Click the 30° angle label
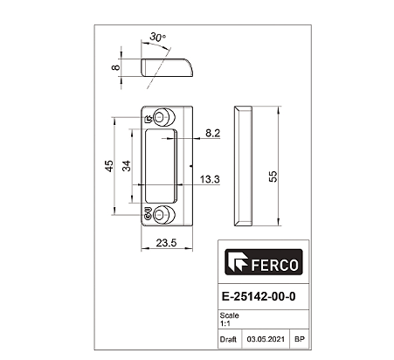click(x=158, y=37)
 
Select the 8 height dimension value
click(x=115, y=67)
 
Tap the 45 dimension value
click(x=109, y=166)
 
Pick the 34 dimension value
click(x=127, y=166)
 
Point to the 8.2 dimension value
click(x=212, y=133)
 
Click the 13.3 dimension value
click(x=210, y=179)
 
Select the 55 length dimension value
click(x=273, y=177)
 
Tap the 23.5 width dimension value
click(x=166, y=243)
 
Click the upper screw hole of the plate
click(x=164, y=117)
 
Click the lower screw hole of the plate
click(x=164, y=215)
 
